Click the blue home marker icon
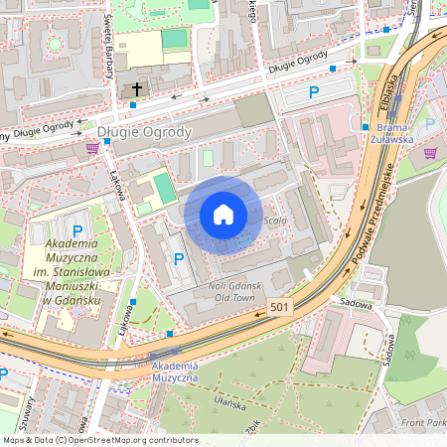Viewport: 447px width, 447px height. click(223, 214)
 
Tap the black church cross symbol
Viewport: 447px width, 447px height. click(135, 89)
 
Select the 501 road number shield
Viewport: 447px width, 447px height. click(280, 308)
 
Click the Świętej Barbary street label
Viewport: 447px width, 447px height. click(106, 30)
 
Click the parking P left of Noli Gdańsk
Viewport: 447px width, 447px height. click(179, 259)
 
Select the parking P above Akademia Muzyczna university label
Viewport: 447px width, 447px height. click(77, 230)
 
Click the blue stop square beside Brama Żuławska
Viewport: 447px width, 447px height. click(370, 128)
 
